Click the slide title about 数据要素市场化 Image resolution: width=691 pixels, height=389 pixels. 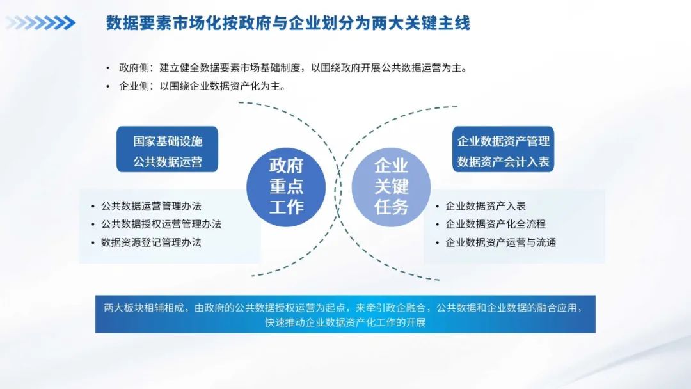(288, 23)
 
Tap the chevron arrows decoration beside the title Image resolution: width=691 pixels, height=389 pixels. (40, 23)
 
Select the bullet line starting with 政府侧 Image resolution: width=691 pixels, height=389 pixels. (293, 68)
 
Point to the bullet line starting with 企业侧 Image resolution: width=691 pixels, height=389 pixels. (202, 86)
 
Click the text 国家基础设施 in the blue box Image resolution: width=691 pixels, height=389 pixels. (168, 141)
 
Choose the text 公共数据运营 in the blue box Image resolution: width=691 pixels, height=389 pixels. (168, 162)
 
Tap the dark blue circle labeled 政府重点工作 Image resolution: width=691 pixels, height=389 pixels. (286, 187)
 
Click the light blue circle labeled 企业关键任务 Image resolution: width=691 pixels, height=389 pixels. (391, 187)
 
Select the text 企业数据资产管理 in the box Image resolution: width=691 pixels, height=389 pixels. (504, 141)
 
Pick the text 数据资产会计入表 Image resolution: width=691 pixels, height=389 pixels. (504, 162)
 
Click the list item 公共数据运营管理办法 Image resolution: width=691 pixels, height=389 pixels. (151, 206)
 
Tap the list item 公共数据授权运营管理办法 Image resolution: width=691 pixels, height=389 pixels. (161, 224)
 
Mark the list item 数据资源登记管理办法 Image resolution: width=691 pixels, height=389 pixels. (151, 242)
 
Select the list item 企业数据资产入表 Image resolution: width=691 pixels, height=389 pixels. (486, 206)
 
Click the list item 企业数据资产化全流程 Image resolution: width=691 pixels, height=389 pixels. (495, 224)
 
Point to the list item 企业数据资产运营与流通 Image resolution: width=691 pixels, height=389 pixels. (500, 242)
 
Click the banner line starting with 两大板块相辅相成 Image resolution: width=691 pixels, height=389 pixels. (344, 308)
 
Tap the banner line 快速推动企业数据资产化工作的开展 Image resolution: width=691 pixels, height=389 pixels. (345, 322)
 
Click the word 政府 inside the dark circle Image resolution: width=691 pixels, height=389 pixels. (286, 166)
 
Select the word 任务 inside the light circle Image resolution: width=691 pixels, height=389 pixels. (392, 207)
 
